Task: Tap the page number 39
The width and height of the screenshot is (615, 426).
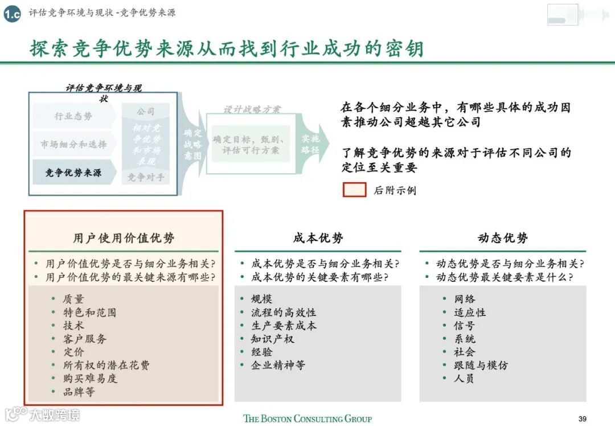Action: [582, 419]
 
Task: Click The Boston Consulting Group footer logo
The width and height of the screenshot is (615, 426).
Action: [307, 419]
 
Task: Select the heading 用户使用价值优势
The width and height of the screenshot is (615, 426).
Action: [124, 238]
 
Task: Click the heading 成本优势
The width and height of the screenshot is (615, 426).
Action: [318, 238]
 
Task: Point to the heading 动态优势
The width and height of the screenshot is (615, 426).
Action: [503, 238]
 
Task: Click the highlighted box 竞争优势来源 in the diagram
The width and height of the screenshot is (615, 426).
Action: [73, 173]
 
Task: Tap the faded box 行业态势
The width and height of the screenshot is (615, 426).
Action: [73, 116]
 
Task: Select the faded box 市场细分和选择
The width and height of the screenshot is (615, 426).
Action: [73, 145]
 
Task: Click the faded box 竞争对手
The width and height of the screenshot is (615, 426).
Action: [146, 177]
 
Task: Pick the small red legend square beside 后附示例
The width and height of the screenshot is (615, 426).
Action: [354, 190]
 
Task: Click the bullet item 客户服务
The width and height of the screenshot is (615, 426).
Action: [85, 339]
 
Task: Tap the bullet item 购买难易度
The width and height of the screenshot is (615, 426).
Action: [90, 378]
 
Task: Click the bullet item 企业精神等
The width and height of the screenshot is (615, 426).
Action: [278, 365]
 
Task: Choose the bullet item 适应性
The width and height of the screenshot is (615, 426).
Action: [470, 313]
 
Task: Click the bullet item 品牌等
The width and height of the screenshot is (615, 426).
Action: [79, 392]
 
